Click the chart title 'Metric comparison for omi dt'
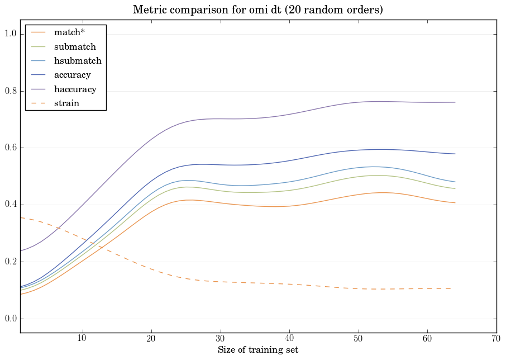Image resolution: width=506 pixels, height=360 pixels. click(257, 10)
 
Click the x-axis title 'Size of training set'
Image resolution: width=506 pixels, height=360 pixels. click(257, 350)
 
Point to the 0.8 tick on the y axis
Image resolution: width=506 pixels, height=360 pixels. click(9, 91)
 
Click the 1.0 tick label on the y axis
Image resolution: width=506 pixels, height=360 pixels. click(9, 34)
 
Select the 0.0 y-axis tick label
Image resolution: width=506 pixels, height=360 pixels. click(9, 319)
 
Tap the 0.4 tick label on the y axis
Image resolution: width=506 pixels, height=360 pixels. click(9, 205)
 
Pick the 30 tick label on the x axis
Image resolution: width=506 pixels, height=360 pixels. click(220, 338)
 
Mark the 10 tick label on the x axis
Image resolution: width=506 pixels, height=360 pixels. click(82, 338)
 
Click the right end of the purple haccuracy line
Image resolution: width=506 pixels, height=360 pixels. click(455, 102)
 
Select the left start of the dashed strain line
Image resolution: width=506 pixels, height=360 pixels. click(21, 217)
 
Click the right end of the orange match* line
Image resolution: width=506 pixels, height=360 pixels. click(455, 203)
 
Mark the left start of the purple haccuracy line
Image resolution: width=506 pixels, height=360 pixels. click(21, 250)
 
